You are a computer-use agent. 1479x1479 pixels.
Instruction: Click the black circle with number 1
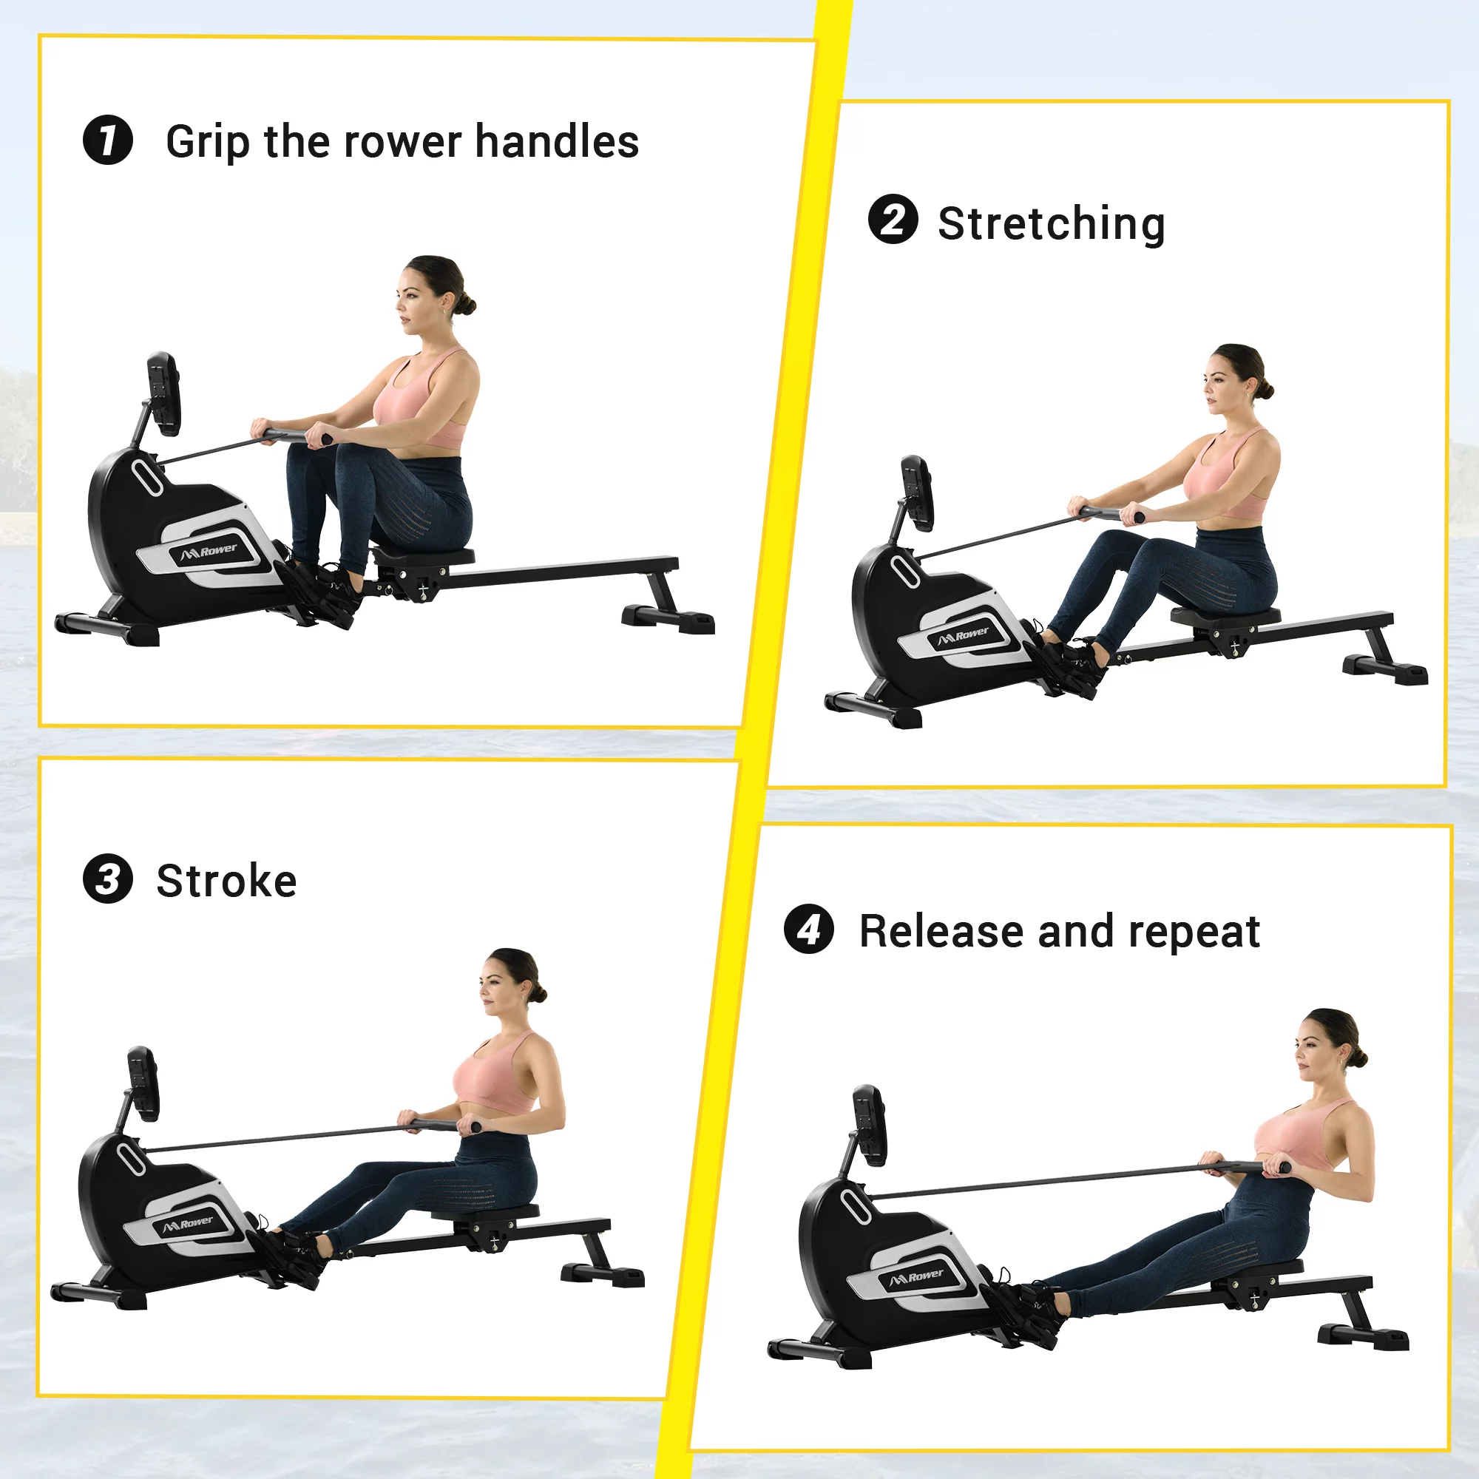[x=108, y=140]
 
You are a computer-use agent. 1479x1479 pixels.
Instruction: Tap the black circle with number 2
[x=893, y=220]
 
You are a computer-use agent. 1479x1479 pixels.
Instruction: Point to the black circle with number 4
[x=808, y=930]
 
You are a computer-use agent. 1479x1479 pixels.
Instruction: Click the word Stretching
[x=1051, y=223]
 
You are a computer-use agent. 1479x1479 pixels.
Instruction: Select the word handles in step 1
[x=557, y=142]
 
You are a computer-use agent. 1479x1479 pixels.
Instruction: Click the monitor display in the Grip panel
[x=164, y=393]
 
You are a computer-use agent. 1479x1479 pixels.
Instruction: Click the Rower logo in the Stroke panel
[x=189, y=1223]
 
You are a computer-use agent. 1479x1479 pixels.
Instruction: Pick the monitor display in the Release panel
[x=870, y=1126]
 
